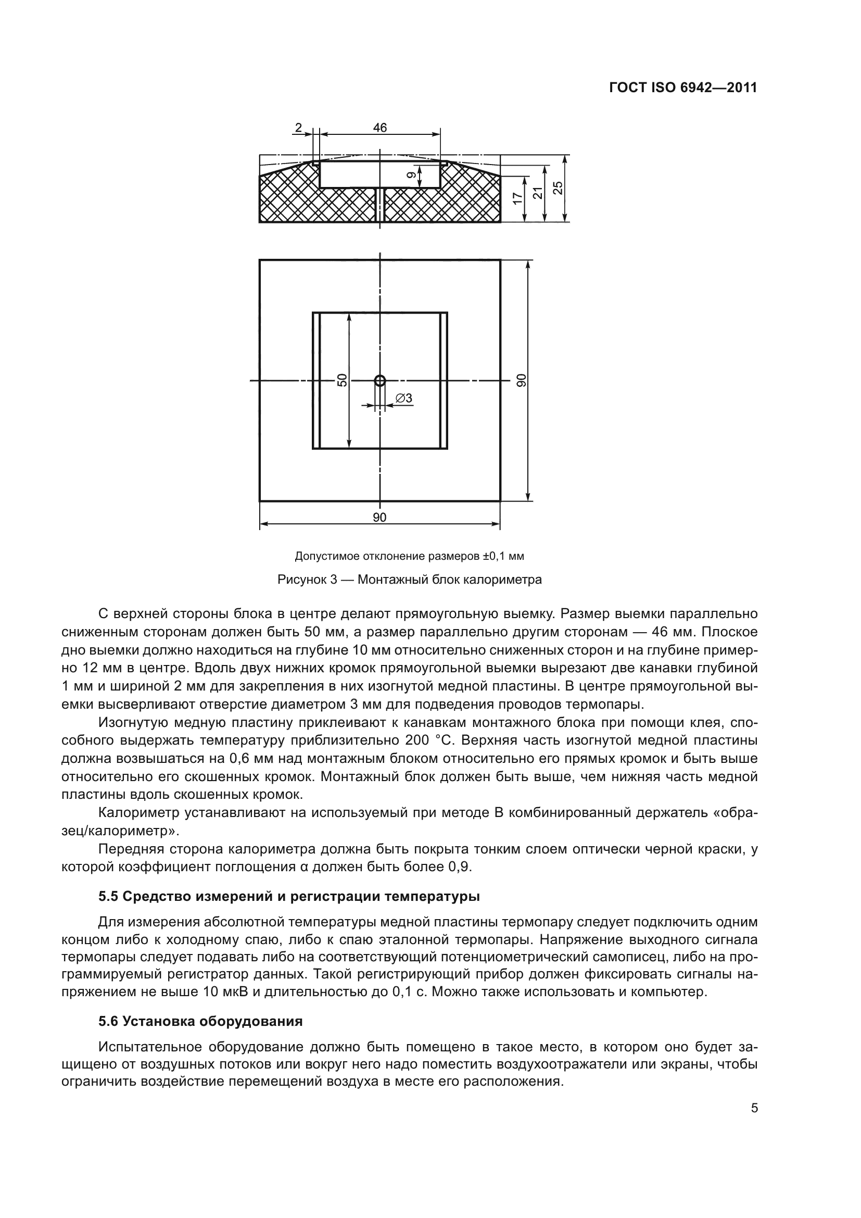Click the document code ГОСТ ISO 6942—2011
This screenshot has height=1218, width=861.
(683, 88)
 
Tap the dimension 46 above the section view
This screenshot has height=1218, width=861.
(379, 128)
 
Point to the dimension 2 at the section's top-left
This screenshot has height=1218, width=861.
(298, 128)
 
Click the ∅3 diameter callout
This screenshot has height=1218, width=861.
(404, 398)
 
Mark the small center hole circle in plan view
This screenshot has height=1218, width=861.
(379, 380)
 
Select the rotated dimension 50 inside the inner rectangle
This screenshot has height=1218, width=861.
(343, 380)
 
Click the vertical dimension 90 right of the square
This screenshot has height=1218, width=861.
(521, 380)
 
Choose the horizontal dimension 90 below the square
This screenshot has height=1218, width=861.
(379, 518)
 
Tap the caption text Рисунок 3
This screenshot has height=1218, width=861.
(307, 580)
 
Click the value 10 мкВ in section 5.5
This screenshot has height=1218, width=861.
(225, 992)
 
